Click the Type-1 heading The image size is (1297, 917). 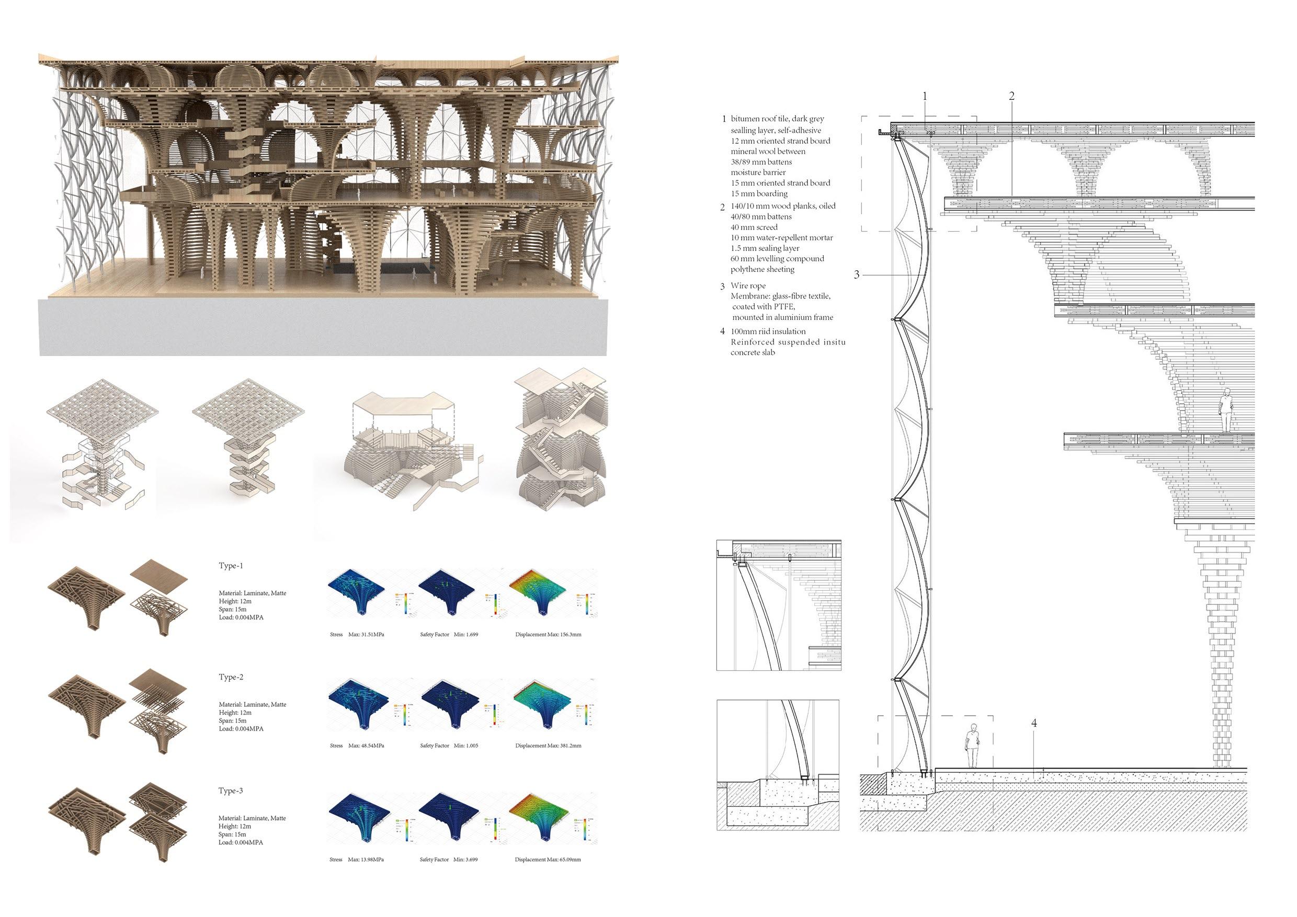[x=231, y=566]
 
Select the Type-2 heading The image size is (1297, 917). [x=231, y=677]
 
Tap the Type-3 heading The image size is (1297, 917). [x=231, y=790]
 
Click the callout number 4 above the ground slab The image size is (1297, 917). [x=1034, y=723]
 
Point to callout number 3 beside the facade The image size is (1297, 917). [x=856, y=274]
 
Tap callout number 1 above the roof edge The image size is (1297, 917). [x=925, y=96]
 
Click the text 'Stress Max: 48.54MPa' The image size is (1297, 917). [x=357, y=746]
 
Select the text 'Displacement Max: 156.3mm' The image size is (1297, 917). [x=548, y=635]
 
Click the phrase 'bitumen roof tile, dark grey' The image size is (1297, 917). [x=777, y=119]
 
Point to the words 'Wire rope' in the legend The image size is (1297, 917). [x=748, y=286]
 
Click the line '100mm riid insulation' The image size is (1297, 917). [x=768, y=331]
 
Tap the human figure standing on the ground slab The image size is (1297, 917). [x=972, y=746]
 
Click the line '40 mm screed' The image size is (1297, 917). [x=754, y=227]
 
